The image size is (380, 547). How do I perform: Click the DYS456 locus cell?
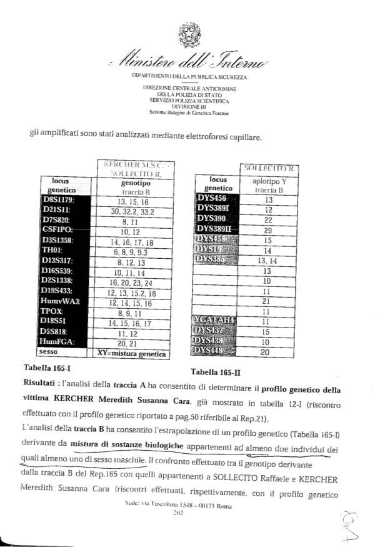[x=215, y=198]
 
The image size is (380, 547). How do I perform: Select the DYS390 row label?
[x=215, y=219]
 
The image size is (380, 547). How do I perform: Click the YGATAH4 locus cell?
[x=215, y=321]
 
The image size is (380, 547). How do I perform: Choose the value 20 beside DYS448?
[x=268, y=351]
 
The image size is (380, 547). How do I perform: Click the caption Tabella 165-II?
[x=218, y=373]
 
